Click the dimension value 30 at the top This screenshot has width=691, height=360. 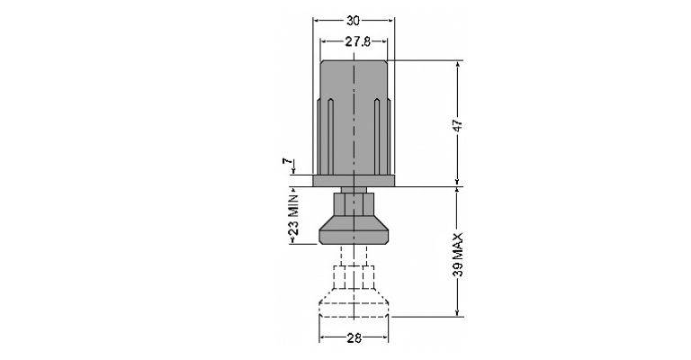coord(353,21)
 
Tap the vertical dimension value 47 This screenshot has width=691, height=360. coord(458,125)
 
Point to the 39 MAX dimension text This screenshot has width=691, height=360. coord(458,255)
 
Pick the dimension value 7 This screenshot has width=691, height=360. coord(288,162)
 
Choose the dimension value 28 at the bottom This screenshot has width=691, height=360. coord(354,338)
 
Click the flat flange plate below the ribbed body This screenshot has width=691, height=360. coord(354,181)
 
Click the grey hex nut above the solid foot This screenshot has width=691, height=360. coord(354,204)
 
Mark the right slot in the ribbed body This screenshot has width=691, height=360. coord(377,137)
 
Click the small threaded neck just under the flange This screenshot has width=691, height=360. coord(354,190)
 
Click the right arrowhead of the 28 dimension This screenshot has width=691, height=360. coord(385,338)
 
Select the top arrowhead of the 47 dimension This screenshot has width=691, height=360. coord(458,64)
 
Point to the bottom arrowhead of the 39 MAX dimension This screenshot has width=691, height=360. coord(458,312)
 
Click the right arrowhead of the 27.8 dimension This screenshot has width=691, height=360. coord(384,42)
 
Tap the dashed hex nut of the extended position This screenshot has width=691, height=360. coord(354,277)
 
